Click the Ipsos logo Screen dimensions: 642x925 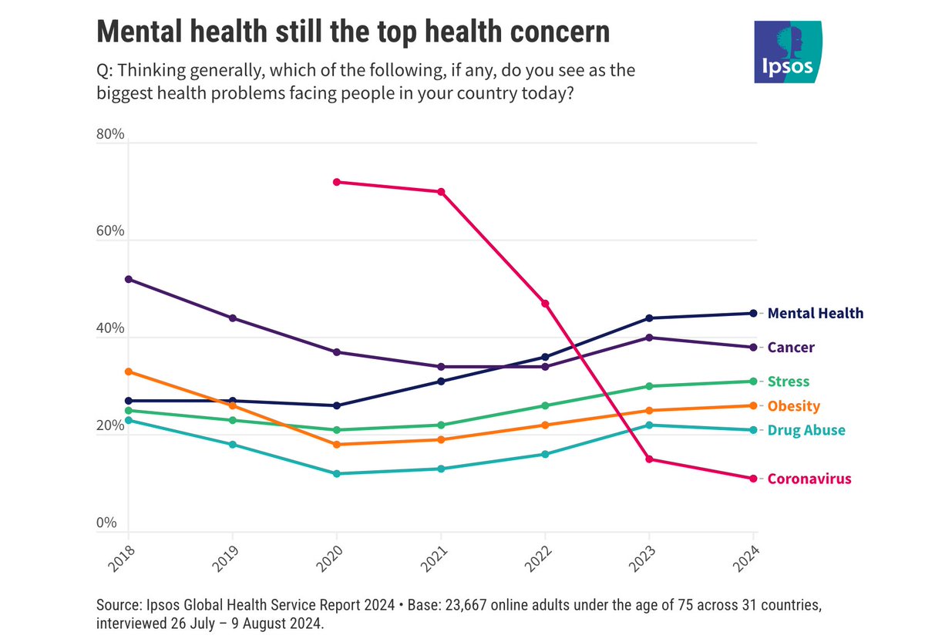tap(787, 52)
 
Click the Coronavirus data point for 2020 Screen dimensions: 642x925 tap(336, 182)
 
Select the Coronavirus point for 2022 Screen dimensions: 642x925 tap(545, 304)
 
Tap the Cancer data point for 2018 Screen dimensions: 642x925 tap(128, 279)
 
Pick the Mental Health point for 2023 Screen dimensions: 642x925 tap(649, 318)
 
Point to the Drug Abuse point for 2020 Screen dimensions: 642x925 tap(336, 473)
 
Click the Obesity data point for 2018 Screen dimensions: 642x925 tap(128, 371)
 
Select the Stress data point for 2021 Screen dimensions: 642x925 tap(440, 425)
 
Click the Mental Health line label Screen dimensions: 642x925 tap(816, 314)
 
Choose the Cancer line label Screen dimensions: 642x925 tap(791, 348)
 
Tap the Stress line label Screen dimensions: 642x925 tap(789, 382)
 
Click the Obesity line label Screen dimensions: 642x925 tap(794, 406)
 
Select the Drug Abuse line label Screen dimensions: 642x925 tap(806, 430)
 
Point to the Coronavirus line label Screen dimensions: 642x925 tap(809, 479)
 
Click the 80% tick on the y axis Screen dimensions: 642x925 tap(110, 135)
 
